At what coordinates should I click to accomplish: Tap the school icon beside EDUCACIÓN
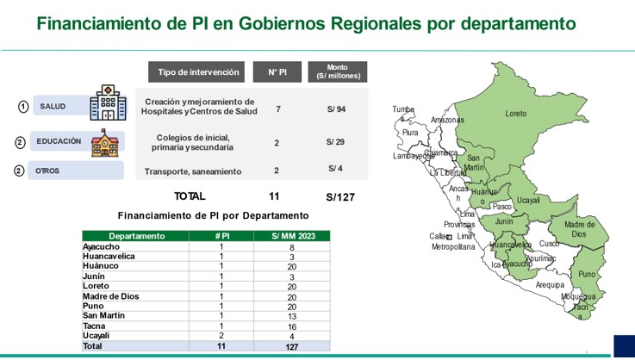104,143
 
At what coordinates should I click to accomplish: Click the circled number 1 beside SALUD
23,107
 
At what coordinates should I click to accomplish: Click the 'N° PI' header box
277,72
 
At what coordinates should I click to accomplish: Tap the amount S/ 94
336,109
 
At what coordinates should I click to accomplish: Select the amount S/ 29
335,141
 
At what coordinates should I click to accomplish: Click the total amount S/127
340,197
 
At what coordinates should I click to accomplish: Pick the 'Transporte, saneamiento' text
193,171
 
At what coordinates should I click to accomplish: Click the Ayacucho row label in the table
102,246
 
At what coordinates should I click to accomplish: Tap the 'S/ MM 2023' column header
291,235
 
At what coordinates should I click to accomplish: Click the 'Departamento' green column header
137,235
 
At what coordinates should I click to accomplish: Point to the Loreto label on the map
515,114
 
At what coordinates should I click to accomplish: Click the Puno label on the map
586,275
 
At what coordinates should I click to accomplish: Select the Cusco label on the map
549,244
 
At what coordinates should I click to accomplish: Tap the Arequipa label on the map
549,285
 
